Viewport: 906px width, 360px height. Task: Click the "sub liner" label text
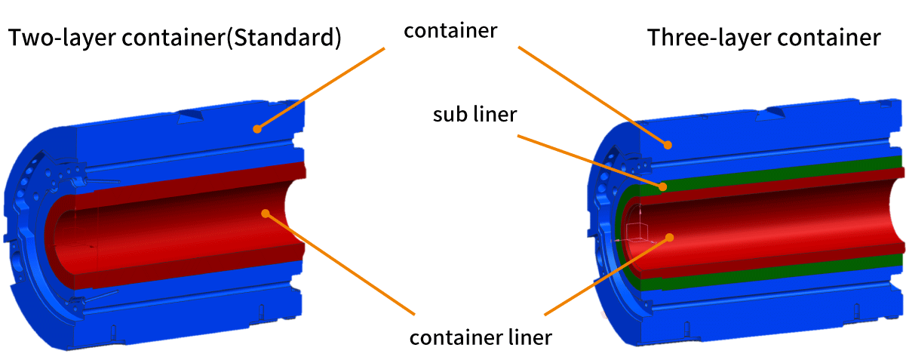tap(474, 115)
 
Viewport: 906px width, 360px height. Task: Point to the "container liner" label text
tap(481, 337)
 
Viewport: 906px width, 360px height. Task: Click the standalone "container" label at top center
tap(451, 31)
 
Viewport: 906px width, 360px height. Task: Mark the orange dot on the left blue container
tap(256, 128)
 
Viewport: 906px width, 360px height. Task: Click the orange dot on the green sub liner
tap(662, 186)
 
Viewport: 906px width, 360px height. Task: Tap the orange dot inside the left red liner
tap(265, 214)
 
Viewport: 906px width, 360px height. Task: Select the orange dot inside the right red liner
tap(668, 237)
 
